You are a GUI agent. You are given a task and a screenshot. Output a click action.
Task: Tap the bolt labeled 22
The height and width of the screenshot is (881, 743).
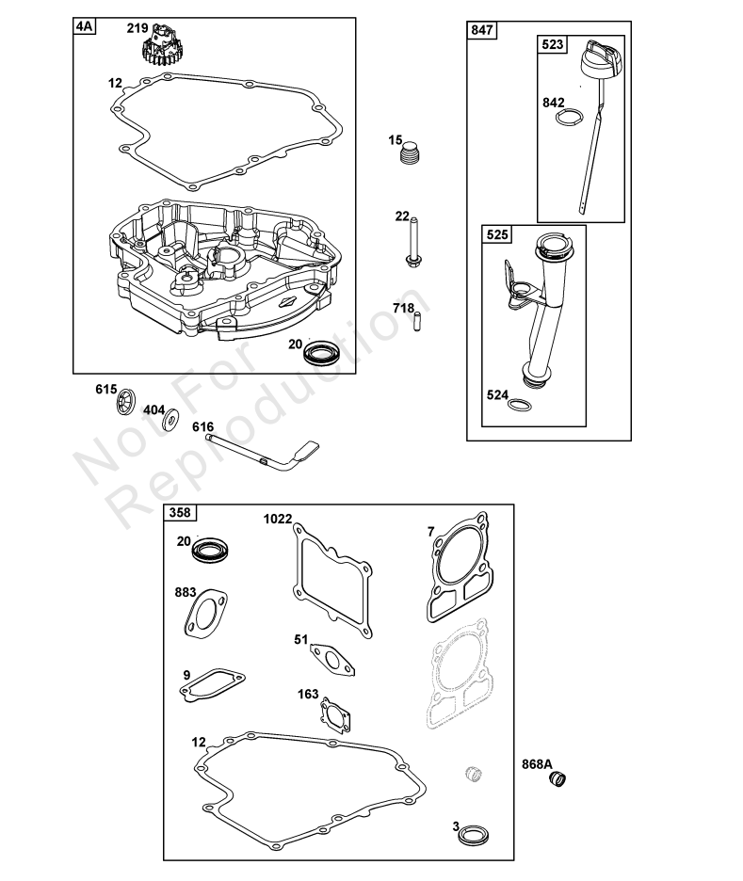click(413, 241)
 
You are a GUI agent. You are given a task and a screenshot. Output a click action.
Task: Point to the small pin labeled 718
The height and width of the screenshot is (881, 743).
click(416, 322)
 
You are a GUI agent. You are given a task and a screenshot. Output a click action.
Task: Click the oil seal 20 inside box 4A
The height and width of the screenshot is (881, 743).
click(319, 352)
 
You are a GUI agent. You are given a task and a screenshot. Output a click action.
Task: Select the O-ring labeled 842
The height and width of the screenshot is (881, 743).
click(570, 117)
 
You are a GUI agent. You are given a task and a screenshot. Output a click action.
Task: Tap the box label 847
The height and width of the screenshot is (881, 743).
click(482, 30)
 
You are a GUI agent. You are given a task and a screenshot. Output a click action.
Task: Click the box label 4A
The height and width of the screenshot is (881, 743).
click(85, 25)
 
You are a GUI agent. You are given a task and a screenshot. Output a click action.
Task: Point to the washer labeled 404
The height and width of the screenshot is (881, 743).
click(170, 420)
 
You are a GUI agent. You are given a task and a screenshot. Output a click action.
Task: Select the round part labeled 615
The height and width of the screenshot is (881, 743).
click(127, 402)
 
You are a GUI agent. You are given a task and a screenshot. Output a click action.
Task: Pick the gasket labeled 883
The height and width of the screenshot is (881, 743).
click(205, 614)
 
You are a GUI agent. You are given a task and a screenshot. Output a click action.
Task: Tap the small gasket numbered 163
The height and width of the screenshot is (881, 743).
click(335, 715)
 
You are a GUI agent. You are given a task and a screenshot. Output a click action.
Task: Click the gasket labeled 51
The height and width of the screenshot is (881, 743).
click(332, 659)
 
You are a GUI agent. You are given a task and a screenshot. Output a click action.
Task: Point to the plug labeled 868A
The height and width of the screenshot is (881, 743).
click(557, 778)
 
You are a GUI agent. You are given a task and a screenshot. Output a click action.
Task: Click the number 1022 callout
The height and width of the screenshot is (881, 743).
click(278, 519)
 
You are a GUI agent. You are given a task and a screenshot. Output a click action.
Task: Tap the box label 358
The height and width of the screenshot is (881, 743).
click(180, 512)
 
